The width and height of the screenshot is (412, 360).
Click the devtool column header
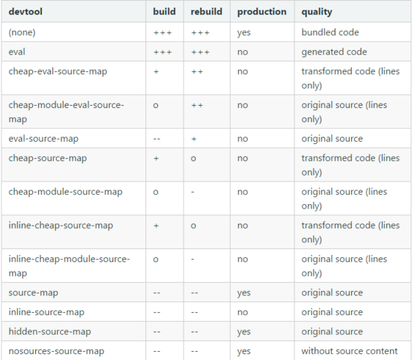[x=25, y=12]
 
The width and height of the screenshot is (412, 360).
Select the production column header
[x=261, y=12]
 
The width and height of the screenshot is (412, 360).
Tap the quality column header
[x=317, y=12]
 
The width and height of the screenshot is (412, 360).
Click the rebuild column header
[x=206, y=11]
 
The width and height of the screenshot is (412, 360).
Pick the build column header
[x=164, y=11]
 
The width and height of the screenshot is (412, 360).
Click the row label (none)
[x=22, y=32]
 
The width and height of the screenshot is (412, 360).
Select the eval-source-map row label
[x=43, y=139]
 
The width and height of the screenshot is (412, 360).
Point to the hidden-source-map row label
[x=49, y=331]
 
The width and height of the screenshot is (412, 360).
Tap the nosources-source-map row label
[x=56, y=351]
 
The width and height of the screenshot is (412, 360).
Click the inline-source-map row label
[x=46, y=312]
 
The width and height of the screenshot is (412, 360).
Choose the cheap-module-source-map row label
[x=65, y=192]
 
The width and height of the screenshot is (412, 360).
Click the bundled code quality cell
[x=330, y=32]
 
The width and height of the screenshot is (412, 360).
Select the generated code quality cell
[x=334, y=52]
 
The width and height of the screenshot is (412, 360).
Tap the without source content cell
[x=350, y=351]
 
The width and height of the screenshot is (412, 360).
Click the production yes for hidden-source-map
[x=244, y=331]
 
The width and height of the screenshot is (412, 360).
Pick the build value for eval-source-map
[x=157, y=139]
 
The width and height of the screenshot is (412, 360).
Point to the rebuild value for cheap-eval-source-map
[x=197, y=71]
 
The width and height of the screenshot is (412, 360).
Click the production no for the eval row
[x=243, y=52]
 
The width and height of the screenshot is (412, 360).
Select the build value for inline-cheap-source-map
[x=156, y=226]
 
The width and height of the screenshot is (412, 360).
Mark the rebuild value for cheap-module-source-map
[x=193, y=192]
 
